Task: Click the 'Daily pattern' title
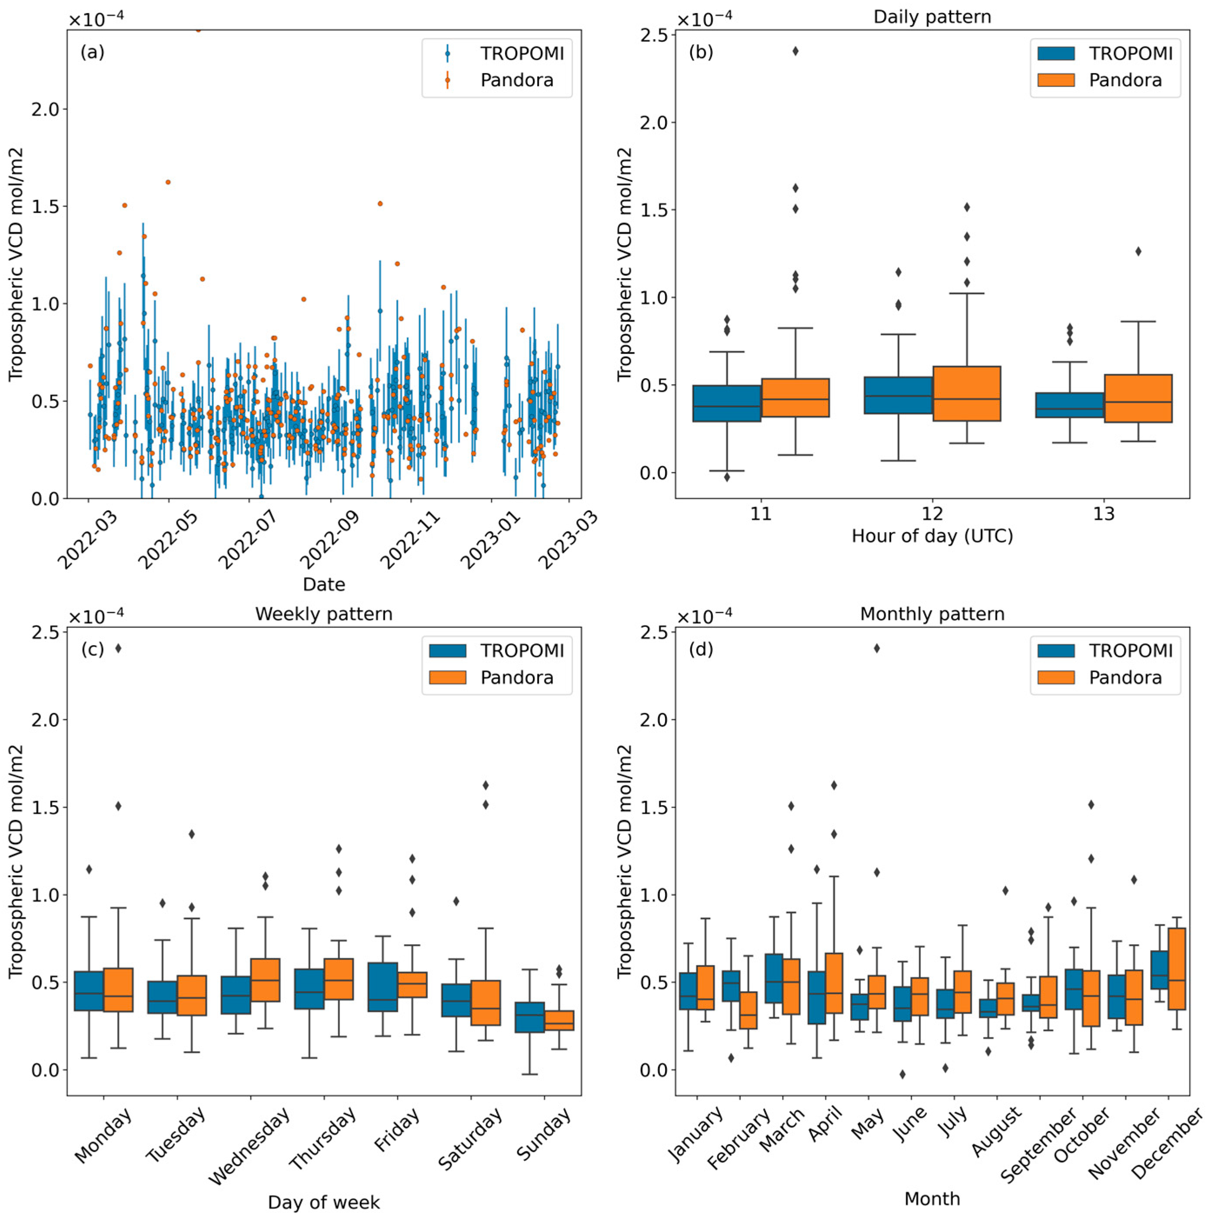tap(932, 17)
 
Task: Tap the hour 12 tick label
tap(932, 513)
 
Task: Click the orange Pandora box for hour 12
tap(966, 393)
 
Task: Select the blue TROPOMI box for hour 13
tap(1069, 404)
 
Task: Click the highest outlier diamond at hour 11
tap(795, 51)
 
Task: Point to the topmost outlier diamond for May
tap(876, 648)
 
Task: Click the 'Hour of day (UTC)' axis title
tap(932, 536)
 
